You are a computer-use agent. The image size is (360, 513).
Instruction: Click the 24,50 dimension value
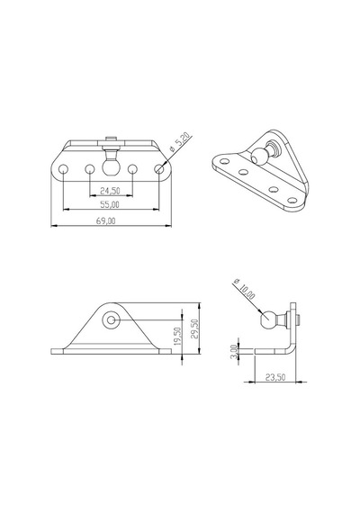111,191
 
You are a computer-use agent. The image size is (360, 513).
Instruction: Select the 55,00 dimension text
110,204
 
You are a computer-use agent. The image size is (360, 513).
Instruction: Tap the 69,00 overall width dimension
105,220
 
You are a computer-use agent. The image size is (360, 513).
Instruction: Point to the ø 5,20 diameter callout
179,143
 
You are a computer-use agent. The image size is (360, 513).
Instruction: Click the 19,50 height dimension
177,336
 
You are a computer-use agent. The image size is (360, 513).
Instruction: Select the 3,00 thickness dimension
234,352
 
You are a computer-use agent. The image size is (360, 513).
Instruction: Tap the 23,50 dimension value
275,377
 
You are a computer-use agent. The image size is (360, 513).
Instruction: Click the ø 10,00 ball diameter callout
244,289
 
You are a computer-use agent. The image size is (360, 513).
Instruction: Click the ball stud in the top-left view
111,167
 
